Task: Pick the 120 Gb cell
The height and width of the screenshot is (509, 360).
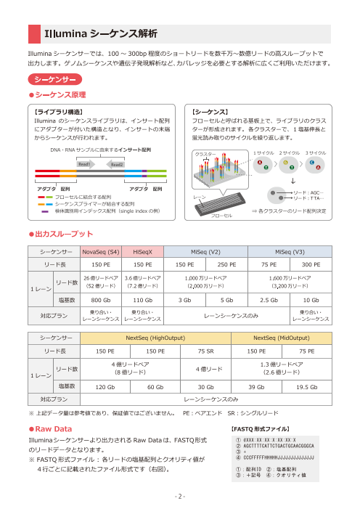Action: pos(106,387)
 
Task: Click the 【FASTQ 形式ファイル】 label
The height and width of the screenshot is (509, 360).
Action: pos(264,430)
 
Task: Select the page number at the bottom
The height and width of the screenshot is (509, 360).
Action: pos(180,497)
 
